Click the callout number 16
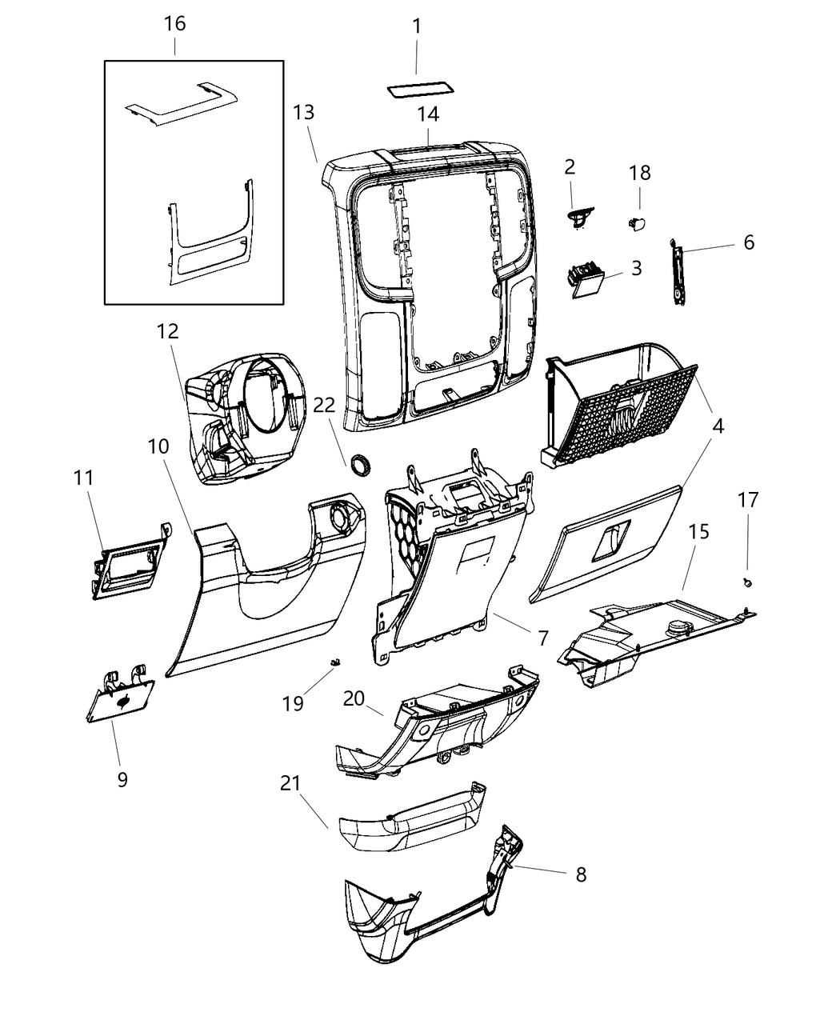[174, 23]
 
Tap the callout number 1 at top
[417, 26]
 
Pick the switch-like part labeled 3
[586, 282]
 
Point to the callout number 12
[168, 330]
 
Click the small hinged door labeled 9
[120, 699]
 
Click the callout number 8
[580, 874]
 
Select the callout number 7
[543, 638]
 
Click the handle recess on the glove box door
[610, 540]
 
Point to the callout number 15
[698, 531]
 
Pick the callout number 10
[158, 446]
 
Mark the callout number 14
[428, 114]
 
